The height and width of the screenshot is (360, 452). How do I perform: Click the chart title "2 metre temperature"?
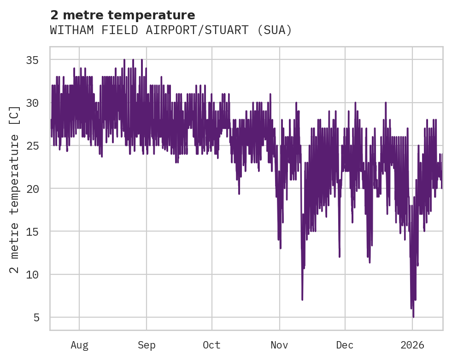coord(123,15)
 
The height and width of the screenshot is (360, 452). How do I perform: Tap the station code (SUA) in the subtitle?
coord(275,30)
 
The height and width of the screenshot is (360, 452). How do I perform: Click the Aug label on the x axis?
coord(79,345)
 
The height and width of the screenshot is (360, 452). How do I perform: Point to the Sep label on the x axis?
coord(147,345)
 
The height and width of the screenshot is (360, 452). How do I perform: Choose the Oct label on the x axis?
coord(212,345)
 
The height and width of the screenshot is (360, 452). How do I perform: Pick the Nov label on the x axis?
coord(279,345)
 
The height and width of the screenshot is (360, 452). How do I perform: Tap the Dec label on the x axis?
coord(345,345)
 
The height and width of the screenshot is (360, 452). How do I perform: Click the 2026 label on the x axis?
coord(412,345)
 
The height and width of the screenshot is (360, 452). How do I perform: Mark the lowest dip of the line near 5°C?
coord(413,317)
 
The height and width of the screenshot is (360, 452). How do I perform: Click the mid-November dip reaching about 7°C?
coord(302,299)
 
